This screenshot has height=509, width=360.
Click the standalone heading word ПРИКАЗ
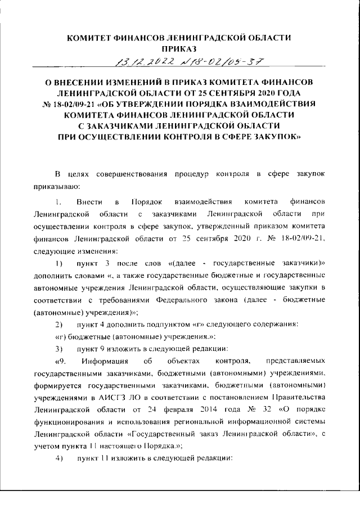click(179, 49)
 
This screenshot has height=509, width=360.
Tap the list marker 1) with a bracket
click(58, 263)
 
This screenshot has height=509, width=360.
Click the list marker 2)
click(58, 325)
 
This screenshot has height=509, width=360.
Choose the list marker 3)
click(58, 349)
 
